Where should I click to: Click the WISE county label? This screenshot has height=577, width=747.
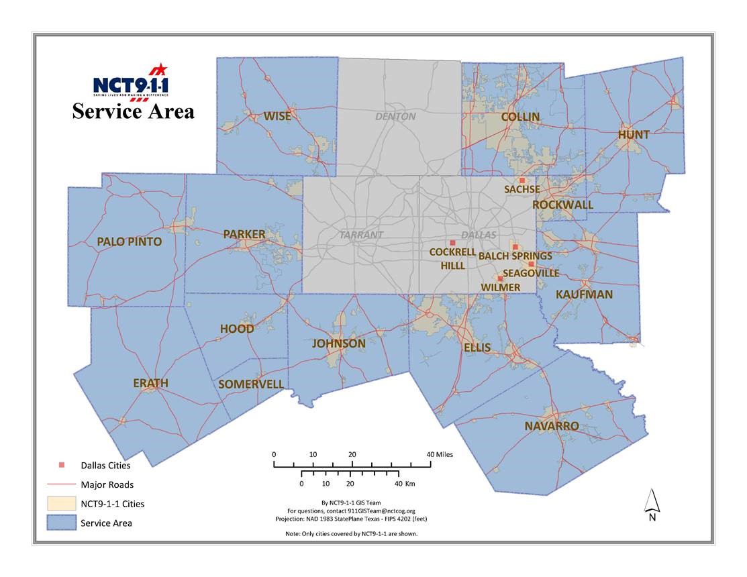click(277, 116)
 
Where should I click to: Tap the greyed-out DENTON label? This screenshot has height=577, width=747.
click(395, 116)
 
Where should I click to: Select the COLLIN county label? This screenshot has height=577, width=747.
click(520, 117)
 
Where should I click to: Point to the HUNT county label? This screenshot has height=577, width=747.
click(634, 134)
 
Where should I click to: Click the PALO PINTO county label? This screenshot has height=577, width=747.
click(129, 242)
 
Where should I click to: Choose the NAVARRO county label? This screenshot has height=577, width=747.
click(552, 426)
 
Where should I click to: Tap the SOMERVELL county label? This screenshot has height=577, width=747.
click(251, 384)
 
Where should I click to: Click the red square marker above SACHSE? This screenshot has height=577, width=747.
click(521, 180)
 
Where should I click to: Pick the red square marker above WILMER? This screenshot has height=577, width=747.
click(500, 278)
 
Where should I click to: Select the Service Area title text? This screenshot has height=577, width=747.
click(133, 111)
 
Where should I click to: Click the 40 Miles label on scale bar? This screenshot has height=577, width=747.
click(440, 454)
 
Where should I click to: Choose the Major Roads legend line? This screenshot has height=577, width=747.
click(59, 484)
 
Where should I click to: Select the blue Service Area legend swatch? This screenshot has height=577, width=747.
click(59, 523)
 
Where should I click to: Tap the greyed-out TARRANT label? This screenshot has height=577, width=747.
click(361, 235)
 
